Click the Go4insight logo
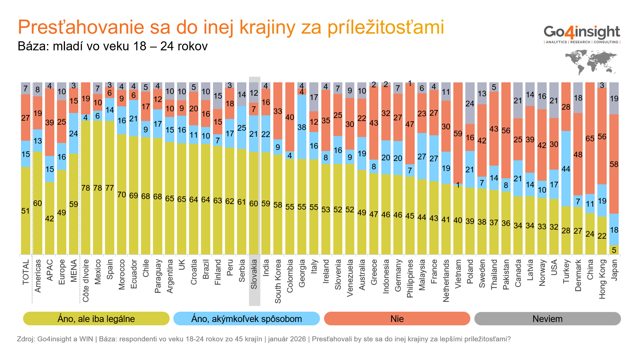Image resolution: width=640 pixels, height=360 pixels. click(x=582, y=34)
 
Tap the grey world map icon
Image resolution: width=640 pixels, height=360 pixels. click(x=591, y=62)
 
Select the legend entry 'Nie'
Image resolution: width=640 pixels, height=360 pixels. click(x=397, y=319)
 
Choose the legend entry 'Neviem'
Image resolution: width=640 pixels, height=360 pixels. click(x=547, y=319)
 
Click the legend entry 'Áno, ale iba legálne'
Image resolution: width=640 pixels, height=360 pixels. click(x=96, y=319)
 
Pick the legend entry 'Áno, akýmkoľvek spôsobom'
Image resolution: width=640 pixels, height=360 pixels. click(x=246, y=319)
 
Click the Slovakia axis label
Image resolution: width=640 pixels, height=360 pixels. click(x=254, y=274)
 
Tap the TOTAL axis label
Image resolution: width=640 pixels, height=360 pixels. click(x=26, y=272)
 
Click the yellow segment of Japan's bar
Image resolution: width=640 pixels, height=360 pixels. click(x=614, y=250)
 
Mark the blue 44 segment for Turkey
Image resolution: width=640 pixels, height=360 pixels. click(x=566, y=169)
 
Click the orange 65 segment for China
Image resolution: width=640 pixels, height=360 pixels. click(x=590, y=138)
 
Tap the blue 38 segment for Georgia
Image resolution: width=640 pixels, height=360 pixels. click(x=302, y=127)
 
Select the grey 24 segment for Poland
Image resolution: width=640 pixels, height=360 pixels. click(x=470, y=103)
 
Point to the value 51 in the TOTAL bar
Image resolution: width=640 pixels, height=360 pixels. click(x=25, y=211)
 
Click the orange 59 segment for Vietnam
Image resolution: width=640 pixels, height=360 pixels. click(x=458, y=133)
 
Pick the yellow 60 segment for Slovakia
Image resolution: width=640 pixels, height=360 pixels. click(x=254, y=203)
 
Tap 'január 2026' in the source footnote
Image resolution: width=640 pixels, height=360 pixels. click(x=287, y=339)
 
